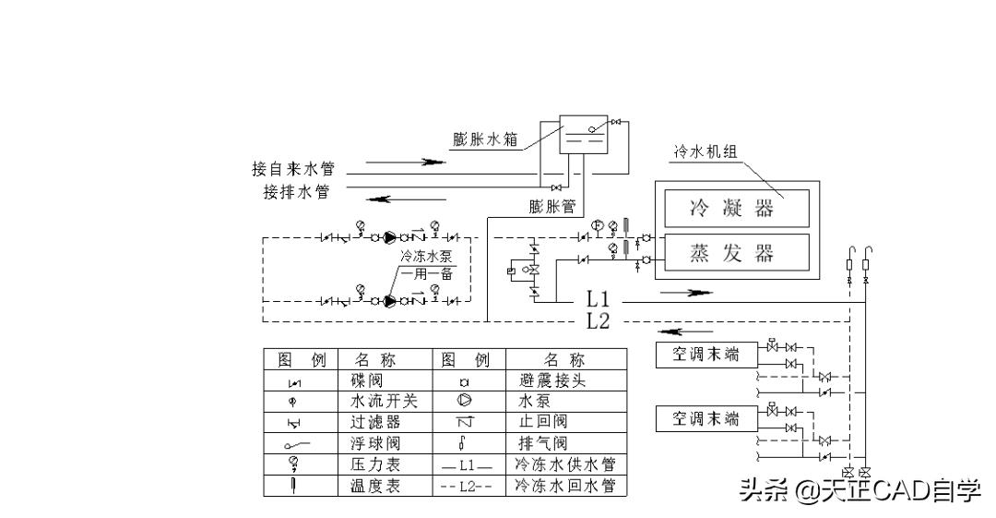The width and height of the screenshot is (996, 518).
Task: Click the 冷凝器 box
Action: (x=731, y=208)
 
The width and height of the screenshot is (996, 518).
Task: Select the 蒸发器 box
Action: (x=731, y=253)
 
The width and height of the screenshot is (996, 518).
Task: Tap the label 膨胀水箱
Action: (x=484, y=139)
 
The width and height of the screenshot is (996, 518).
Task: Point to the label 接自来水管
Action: (x=293, y=169)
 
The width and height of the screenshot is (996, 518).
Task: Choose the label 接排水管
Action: (x=297, y=192)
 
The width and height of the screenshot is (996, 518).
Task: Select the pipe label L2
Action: (x=599, y=321)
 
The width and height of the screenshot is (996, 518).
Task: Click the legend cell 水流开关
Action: (x=384, y=402)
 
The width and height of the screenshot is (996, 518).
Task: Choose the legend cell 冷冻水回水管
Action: (x=563, y=486)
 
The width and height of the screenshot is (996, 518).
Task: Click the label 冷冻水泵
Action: (x=423, y=258)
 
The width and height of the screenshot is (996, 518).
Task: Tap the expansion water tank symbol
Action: (x=586, y=136)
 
